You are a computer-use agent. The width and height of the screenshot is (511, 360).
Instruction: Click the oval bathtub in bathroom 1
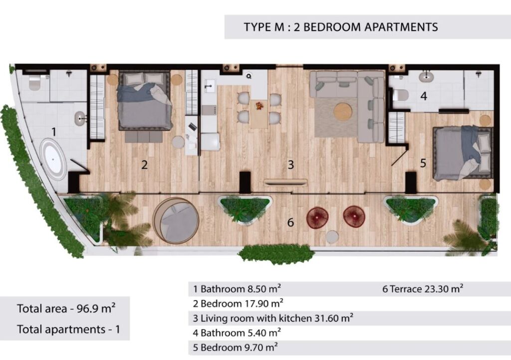click(x=53, y=159)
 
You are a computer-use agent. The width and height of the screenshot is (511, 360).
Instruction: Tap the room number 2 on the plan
click(x=144, y=165)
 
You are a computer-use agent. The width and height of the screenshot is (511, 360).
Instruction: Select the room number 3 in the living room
click(x=291, y=165)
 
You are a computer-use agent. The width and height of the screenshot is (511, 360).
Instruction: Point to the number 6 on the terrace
click(x=290, y=222)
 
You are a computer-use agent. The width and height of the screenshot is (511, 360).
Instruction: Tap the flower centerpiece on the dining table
click(x=259, y=106)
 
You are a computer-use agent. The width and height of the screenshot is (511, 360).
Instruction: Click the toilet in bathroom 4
click(x=400, y=95)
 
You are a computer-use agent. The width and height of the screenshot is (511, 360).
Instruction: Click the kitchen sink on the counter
click(x=209, y=86)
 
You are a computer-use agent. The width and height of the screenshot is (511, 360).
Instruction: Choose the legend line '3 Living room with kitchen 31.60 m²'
click(x=273, y=318)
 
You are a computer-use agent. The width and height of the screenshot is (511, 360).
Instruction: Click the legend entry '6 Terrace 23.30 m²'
click(x=423, y=289)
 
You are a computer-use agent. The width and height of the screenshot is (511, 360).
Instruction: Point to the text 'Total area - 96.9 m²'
click(x=66, y=308)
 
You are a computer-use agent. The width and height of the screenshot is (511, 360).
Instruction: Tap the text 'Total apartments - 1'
click(x=68, y=330)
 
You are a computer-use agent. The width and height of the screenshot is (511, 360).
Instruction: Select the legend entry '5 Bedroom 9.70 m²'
click(x=235, y=348)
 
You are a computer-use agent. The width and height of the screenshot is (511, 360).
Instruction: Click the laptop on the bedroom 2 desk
click(x=192, y=126)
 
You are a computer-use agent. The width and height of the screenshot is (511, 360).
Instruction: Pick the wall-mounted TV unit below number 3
click(x=285, y=182)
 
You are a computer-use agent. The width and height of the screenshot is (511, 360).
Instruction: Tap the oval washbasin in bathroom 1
click(x=80, y=119)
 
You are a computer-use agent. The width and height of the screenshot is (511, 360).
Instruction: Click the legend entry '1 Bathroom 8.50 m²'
click(x=237, y=289)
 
